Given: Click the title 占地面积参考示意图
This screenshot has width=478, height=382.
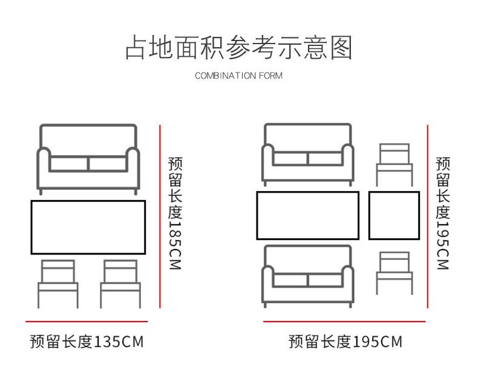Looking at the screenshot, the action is coord(238,48).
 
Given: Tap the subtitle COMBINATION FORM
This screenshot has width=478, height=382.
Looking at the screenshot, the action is coord(238,76).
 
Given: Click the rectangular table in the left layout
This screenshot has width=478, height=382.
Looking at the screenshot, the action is coord(88,227).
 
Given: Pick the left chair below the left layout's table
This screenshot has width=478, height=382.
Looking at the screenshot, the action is coord(58,283).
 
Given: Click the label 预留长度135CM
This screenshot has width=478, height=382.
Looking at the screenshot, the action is coord(87,342).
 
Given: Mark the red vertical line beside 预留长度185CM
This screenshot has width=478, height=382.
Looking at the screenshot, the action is coord(160,216).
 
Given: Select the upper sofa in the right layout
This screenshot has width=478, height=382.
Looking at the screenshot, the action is coord(307,154).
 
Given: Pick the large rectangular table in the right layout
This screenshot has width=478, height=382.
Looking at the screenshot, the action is coord(307,215).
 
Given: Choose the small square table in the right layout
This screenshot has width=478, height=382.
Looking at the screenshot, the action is coord(394,215).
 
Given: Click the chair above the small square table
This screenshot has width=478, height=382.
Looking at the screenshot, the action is coord(394,164).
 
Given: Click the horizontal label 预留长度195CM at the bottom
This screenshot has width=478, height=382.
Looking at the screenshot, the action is coord(345,342).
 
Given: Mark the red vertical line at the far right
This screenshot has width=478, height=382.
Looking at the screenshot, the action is coord(427,216).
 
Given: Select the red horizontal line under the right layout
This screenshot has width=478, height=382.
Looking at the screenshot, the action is coord(344,322).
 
